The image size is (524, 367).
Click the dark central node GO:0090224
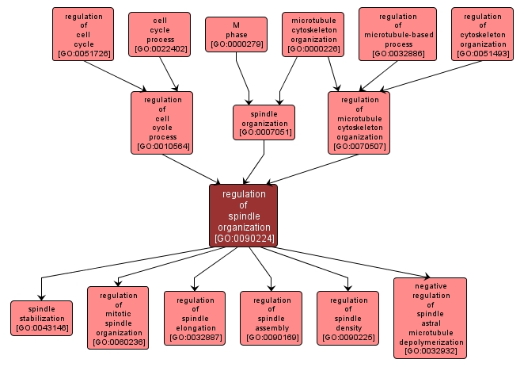point(243,216)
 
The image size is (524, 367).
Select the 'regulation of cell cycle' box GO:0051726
point(83,35)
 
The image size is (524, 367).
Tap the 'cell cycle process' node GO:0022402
point(159,34)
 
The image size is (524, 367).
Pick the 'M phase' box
point(236,34)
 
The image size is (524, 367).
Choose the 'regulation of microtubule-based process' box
point(397,35)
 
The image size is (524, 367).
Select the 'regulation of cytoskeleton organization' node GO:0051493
point(483,35)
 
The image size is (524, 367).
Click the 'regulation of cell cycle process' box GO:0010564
point(162,122)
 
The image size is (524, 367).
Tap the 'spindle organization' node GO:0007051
point(264,122)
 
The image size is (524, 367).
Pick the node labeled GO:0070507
point(359,122)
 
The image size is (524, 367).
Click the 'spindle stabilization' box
point(41,318)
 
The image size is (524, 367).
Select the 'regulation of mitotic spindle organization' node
point(118,318)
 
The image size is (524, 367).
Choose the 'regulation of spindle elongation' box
point(195,318)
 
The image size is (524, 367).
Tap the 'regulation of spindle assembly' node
point(271,318)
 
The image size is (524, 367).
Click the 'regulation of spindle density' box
point(348,318)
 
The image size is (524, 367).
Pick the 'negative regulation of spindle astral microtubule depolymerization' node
point(430,318)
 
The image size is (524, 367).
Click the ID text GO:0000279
point(236,44)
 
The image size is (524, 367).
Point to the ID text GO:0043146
point(41,327)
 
